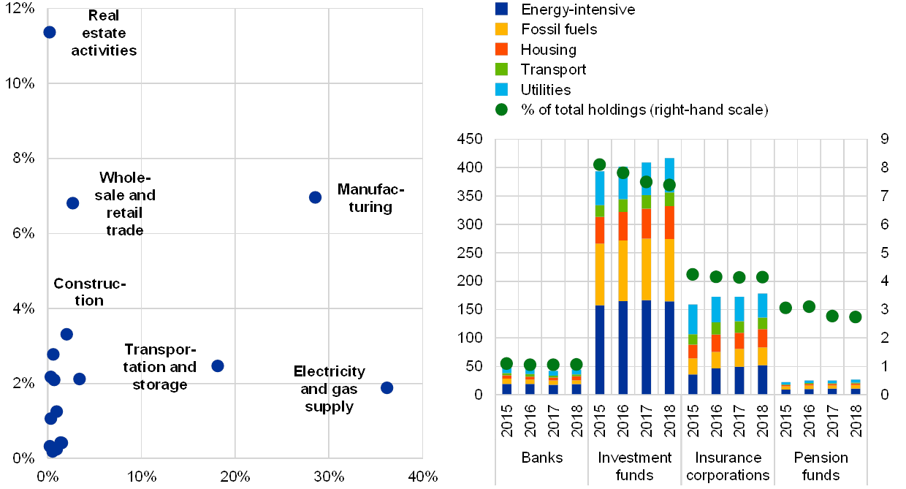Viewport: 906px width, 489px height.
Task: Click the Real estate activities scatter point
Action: point(50,32)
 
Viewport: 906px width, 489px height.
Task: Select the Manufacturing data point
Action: point(315,197)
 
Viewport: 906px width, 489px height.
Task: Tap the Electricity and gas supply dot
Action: point(387,387)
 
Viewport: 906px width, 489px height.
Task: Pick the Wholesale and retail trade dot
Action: point(72,203)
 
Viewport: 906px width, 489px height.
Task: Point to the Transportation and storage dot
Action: point(217,365)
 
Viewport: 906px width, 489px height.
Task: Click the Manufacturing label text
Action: point(369,200)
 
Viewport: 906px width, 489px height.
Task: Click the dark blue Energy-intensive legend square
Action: point(501,10)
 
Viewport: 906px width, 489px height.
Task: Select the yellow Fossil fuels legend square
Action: point(501,29)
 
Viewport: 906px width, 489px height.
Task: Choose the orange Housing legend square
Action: point(501,49)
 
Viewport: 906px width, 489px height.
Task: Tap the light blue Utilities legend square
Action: point(501,89)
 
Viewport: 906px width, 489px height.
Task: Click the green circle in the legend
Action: point(501,110)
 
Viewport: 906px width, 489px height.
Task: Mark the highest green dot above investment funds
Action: point(600,164)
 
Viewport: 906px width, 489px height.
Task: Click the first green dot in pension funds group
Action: point(785,308)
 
